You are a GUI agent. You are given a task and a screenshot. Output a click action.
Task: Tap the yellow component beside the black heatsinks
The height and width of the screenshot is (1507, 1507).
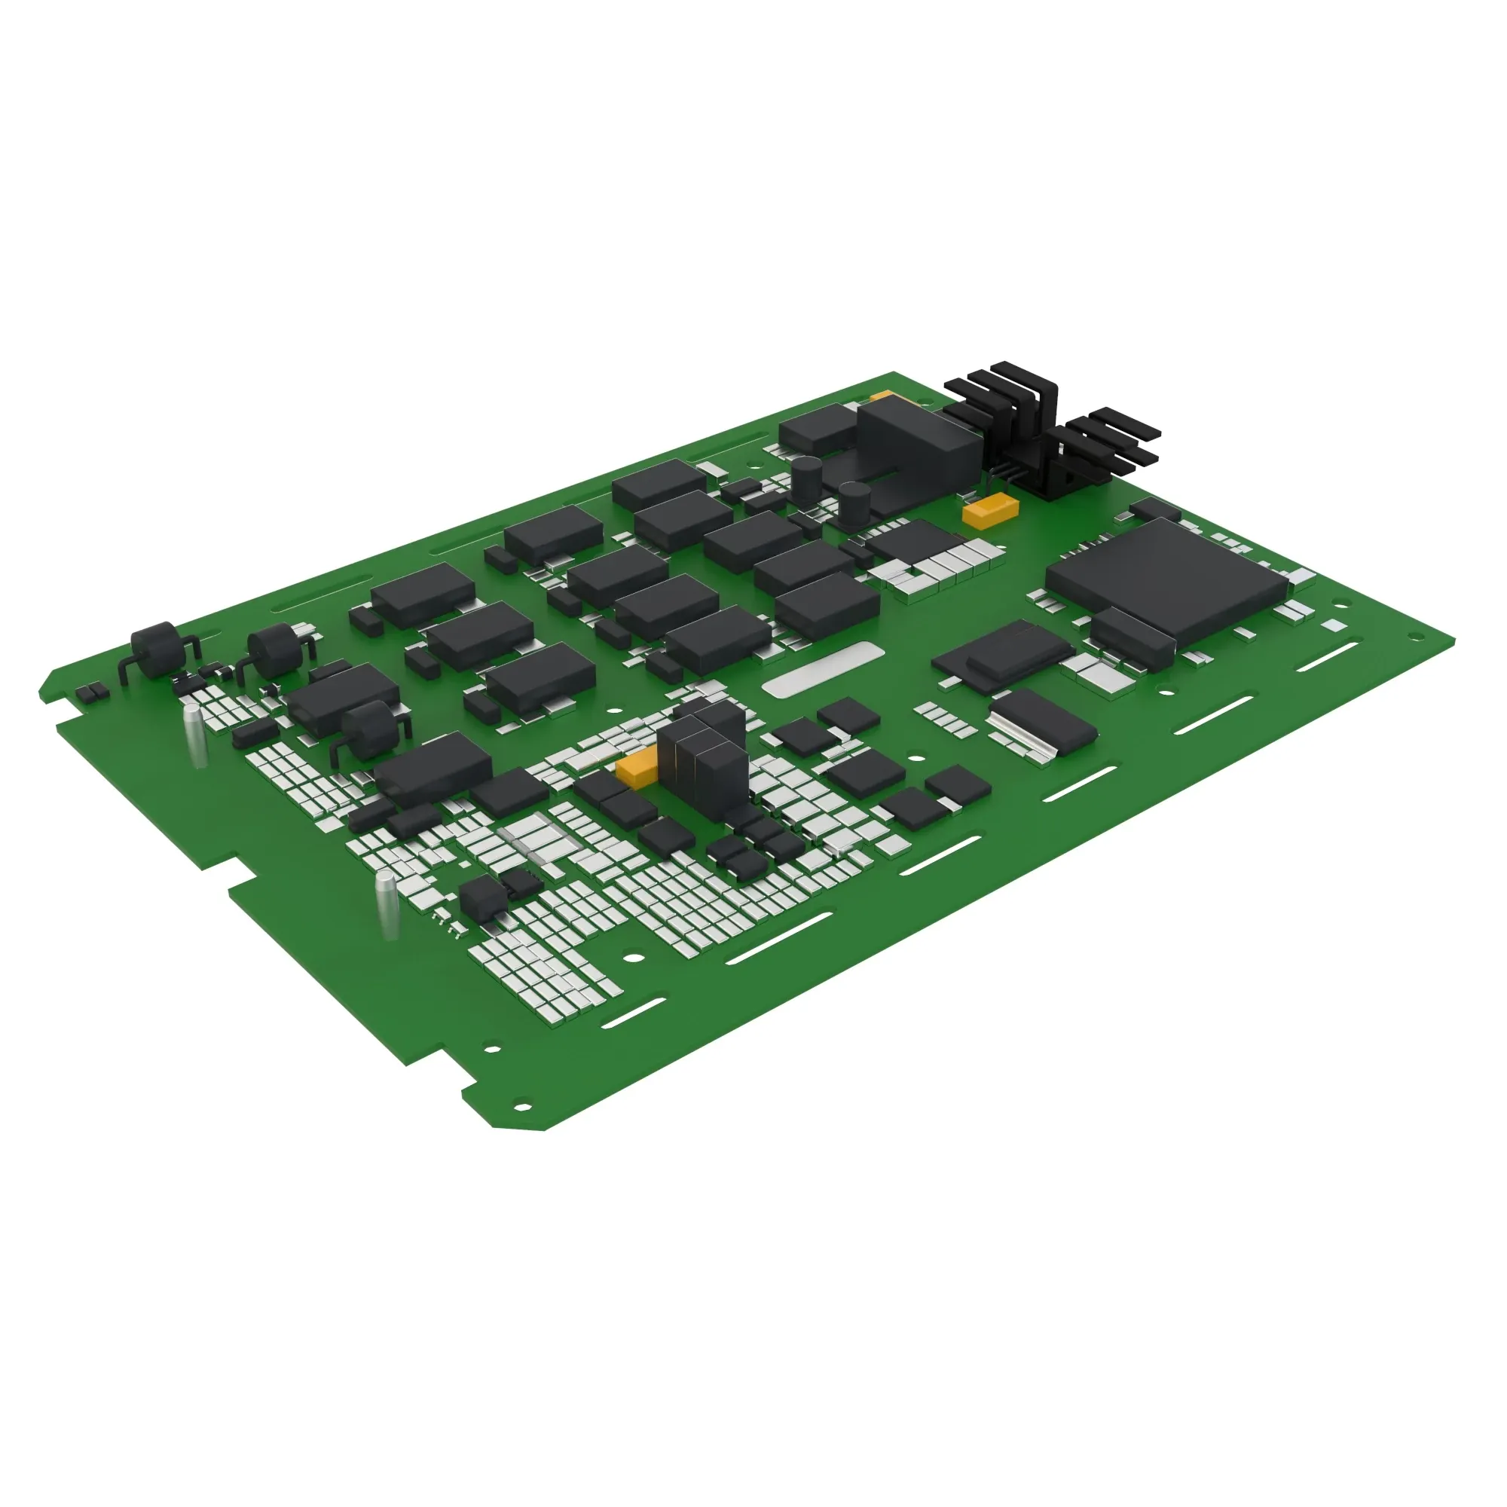[990, 511]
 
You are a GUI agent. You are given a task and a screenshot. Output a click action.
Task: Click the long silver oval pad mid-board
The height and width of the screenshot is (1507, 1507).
[823, 669]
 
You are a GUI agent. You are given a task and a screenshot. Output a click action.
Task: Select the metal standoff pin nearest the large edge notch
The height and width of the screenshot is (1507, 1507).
[387, 905]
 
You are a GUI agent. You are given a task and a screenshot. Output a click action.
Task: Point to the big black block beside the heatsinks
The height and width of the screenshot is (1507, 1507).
[916, 452]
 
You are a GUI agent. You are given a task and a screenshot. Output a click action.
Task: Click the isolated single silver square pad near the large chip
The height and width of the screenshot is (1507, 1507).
[1333, 625]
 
